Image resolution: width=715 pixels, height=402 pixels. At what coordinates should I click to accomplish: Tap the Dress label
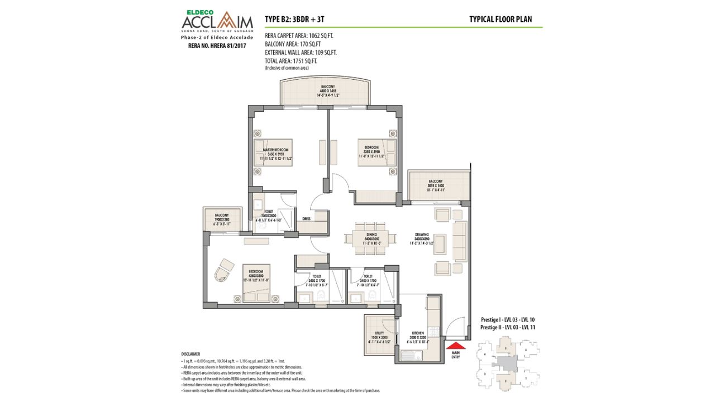306,219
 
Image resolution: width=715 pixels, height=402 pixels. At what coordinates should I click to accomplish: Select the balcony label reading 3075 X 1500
436,185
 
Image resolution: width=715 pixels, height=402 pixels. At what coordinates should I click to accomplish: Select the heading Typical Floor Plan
500,20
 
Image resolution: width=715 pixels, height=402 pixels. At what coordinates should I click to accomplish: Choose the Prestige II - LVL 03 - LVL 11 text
508,327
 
